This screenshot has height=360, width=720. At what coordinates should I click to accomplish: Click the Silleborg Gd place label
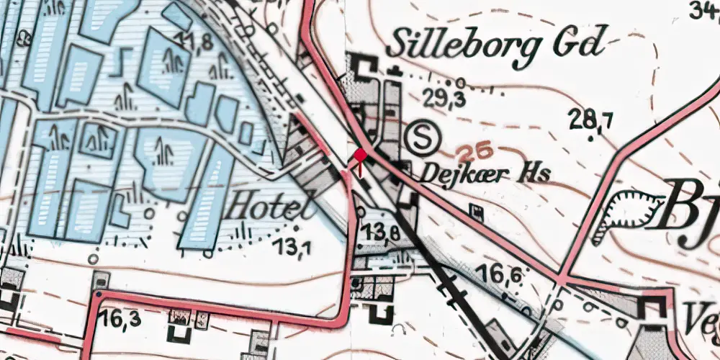point(493,45)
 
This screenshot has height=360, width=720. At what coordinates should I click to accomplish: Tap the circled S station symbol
point(420,138)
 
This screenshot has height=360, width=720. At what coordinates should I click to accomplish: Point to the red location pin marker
point(361,156)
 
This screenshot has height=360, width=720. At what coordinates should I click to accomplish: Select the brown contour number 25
point(474,151)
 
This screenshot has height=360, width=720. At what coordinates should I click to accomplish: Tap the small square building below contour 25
point(476,210)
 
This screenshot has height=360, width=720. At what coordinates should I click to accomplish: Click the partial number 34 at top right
point(703,10)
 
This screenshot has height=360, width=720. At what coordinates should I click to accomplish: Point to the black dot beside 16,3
point(98,294)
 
